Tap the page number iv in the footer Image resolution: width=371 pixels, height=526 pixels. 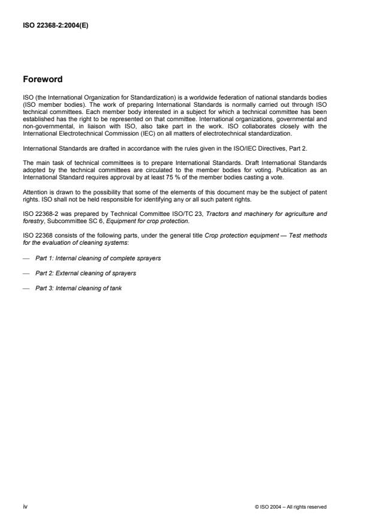coord(24,507)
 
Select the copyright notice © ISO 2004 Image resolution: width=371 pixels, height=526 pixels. coord(291,507)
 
